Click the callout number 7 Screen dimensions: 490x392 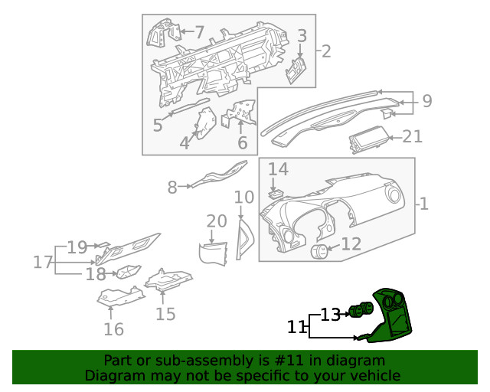200,32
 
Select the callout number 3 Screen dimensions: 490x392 302,36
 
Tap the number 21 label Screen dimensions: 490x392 413,136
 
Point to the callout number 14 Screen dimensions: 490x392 278,169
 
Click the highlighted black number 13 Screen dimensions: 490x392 330,315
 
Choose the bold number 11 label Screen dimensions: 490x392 296,327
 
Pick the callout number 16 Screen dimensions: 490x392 114,329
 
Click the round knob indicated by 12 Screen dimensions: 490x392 319,252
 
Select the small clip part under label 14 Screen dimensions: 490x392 276,194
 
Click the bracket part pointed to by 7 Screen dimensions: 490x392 164,33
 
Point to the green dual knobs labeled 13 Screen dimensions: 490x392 361,309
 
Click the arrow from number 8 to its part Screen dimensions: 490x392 185,186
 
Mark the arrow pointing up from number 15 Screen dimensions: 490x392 162,297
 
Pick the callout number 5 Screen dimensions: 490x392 158,125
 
